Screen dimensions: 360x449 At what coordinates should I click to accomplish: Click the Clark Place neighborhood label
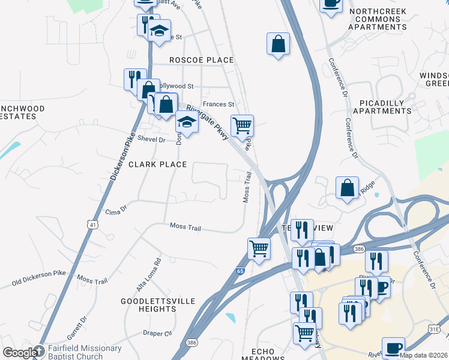tap(157, 164)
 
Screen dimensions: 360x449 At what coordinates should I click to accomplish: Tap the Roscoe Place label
tap(200, 60)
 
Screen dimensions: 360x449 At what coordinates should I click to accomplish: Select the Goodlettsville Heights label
tap(148, 304)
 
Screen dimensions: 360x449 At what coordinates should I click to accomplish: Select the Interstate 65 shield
tap(240, 271)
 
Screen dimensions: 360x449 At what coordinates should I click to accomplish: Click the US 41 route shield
tap(92, 224)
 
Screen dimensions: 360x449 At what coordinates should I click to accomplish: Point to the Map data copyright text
tap(423, 355)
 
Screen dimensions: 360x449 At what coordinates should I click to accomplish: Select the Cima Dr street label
tap(116, 209)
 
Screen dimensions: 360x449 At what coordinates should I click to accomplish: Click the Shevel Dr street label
tap(151, 139)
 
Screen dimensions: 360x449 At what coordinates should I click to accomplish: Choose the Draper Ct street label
tap(158, 333)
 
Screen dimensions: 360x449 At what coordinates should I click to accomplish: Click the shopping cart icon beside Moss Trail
tap(259, 247)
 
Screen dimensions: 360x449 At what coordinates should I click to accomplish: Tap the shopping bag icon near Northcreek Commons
tap(279, 44)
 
